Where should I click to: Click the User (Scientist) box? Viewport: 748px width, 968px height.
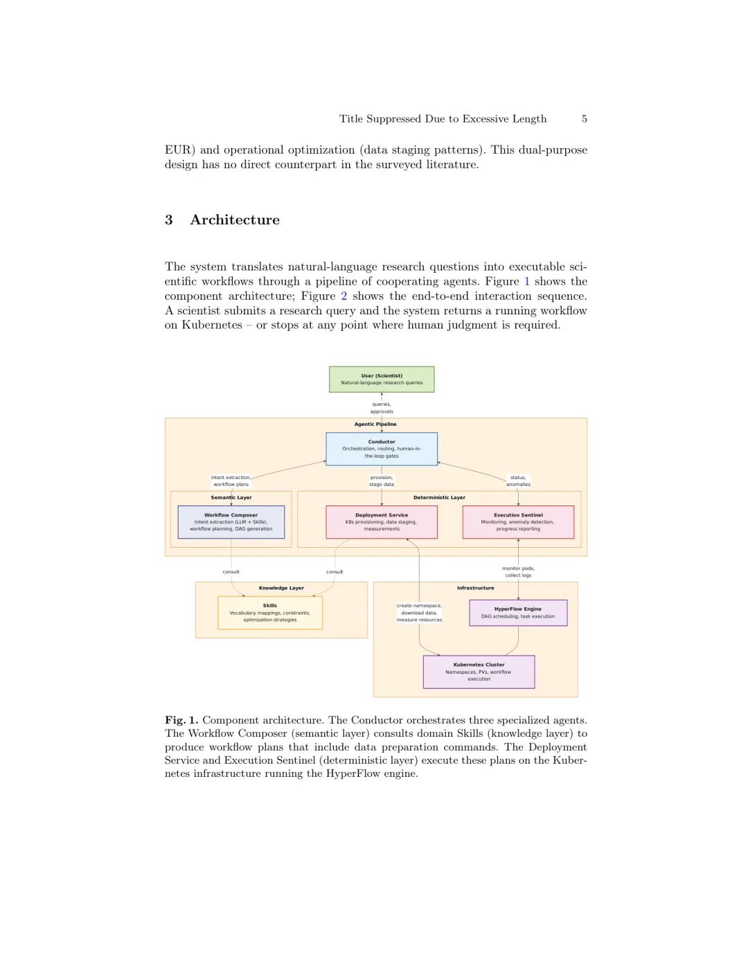pos(382,379)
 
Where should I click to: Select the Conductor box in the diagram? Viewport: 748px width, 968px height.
pos(382,449)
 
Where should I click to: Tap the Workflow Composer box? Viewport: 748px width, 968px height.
pos(231,522)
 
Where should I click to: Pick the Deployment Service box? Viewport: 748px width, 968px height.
pos(382,522)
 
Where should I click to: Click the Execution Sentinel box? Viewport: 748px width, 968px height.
pos(518,522)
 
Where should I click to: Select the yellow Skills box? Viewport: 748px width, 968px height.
pos(270,613)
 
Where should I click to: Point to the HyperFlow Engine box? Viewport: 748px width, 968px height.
pos(518,613)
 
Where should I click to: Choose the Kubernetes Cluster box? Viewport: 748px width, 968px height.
pos(479,672)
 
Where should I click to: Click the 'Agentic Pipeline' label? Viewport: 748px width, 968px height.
pos(375,424)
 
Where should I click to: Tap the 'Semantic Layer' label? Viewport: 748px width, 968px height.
pos(231,497)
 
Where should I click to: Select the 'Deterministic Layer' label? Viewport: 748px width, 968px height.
pos(439,497)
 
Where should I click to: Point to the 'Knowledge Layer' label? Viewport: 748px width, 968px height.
pos(281,588)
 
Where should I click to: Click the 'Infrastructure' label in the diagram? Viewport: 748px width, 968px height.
pos(475,588)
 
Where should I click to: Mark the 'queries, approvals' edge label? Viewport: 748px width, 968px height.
pos(382,408)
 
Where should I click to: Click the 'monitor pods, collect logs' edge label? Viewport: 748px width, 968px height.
pos(518,572)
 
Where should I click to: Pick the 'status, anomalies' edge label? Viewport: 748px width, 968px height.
pos(518,481)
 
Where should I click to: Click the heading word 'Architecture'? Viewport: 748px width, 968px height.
pos(235,220)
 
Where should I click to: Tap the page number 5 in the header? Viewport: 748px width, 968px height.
pos(585,119)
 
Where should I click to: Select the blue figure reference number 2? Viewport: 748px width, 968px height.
pos(344,296)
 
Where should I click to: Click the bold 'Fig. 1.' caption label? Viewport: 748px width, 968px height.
pos(181,720)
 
